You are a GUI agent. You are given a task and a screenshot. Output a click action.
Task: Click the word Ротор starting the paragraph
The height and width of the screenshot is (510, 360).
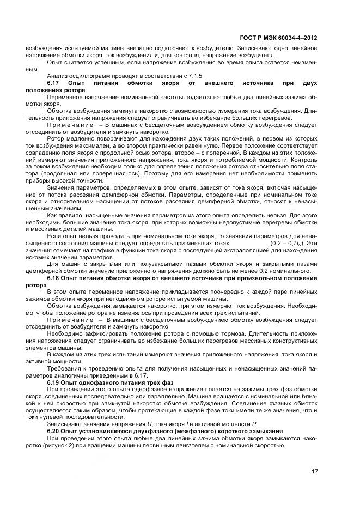click(x=55, y=138)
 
